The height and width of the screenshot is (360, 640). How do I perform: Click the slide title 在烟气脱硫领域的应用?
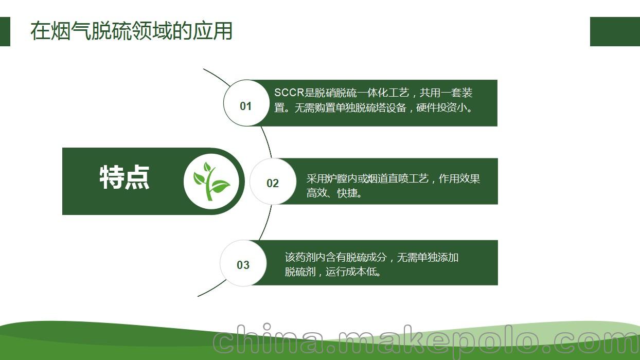tap(131, 31)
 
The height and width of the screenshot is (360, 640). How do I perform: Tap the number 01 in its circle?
tap(246, 106)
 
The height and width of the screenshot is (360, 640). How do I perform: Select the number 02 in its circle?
tap(273, 184)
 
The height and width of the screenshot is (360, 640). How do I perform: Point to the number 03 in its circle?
tap(243, 265)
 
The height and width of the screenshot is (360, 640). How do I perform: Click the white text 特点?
tap(125, 177)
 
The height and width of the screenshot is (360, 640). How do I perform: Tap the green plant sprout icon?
tap(211, 181)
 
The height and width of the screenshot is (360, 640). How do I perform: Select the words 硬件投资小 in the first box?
tap(442, 107)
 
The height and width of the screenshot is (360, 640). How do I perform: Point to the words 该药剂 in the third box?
tap(300, 257)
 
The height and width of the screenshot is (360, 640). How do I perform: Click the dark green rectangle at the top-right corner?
tap(615, 31)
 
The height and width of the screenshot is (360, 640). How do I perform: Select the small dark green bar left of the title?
tap(5, 31)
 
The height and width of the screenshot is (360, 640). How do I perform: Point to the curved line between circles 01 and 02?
tap(268, 142)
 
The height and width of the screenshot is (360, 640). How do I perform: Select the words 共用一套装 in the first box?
tap(446, 93)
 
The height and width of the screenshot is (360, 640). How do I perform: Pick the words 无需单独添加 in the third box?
tap(428, 257)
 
